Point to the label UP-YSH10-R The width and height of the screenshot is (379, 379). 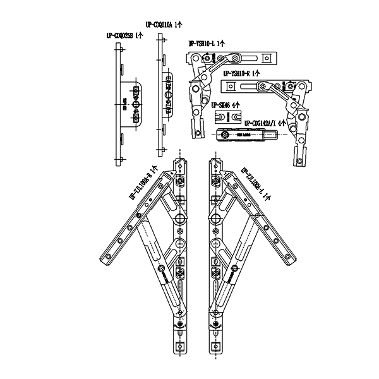point(242,74)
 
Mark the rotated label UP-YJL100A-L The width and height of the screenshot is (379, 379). point(256,184)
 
